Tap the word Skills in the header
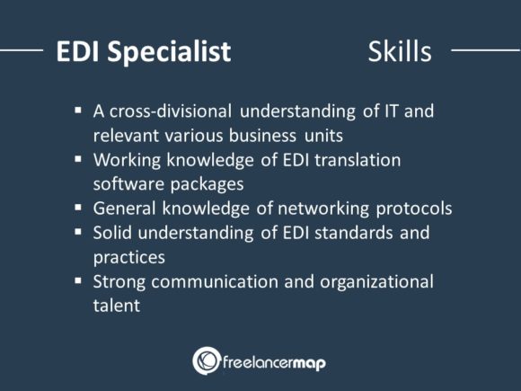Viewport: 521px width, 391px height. [400, 51]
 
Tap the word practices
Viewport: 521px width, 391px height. [129, 257]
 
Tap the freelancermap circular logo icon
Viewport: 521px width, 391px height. [207, 360]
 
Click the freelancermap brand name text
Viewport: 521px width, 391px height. [275, 361]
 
